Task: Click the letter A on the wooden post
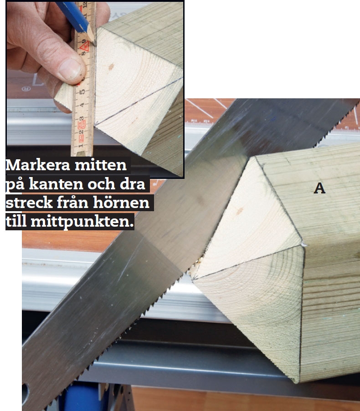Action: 319,188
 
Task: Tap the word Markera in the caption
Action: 38,165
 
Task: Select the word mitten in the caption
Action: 101,165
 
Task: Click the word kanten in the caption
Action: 56,184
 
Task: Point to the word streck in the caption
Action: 29,203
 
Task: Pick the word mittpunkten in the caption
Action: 82,222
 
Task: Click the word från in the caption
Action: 73,202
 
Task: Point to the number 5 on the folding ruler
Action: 82,92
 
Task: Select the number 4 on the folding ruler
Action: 82,106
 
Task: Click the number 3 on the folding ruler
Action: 82,119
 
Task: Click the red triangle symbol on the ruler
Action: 85,47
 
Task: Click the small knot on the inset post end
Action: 111,66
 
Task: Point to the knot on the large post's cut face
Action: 239,211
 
